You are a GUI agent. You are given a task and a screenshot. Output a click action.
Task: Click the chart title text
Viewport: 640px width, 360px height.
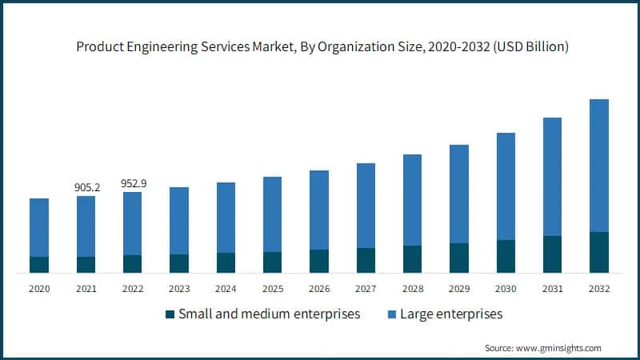click(x=322, y=47)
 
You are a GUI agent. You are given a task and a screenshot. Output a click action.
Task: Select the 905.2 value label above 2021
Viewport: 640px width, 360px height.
click(x=86, y=187)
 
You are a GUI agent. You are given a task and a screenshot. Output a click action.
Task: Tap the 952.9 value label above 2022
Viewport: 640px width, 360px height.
click(x=133, y=183)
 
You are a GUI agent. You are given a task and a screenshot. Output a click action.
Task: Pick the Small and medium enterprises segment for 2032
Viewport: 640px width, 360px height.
click(x=598, y=252)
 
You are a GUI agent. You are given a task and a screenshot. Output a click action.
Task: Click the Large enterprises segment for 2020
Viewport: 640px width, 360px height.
click(x=39, y=227)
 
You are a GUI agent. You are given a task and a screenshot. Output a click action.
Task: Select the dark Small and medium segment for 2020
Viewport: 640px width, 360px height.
click(x=39, y=265)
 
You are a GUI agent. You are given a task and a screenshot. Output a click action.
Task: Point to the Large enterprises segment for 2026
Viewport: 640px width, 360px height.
click(x=319, y=210)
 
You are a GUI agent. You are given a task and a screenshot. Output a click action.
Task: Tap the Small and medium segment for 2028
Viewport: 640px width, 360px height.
click(x=412, y=259)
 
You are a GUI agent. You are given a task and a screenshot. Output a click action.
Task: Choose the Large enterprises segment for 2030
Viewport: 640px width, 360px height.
click(x=506, y=186)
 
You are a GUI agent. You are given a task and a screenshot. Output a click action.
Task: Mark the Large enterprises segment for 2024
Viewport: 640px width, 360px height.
click(x=226, y=218)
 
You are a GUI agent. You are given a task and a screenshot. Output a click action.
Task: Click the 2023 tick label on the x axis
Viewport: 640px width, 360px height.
click(x=179, y=289)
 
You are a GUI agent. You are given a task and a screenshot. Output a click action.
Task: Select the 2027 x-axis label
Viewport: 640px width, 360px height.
click(x=366, y=289)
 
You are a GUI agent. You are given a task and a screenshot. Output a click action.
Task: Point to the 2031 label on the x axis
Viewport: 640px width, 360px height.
click(x=552, y=289)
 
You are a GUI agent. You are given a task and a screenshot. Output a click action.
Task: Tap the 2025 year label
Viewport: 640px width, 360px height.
click(x=273, y=289)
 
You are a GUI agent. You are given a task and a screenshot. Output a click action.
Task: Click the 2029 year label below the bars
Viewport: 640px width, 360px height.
click(x=459, y=289)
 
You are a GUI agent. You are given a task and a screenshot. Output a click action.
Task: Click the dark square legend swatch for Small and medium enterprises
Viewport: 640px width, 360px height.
click(x=169, y=314)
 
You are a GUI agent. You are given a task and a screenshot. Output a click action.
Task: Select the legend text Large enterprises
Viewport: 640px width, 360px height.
click(x=454, y=314)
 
